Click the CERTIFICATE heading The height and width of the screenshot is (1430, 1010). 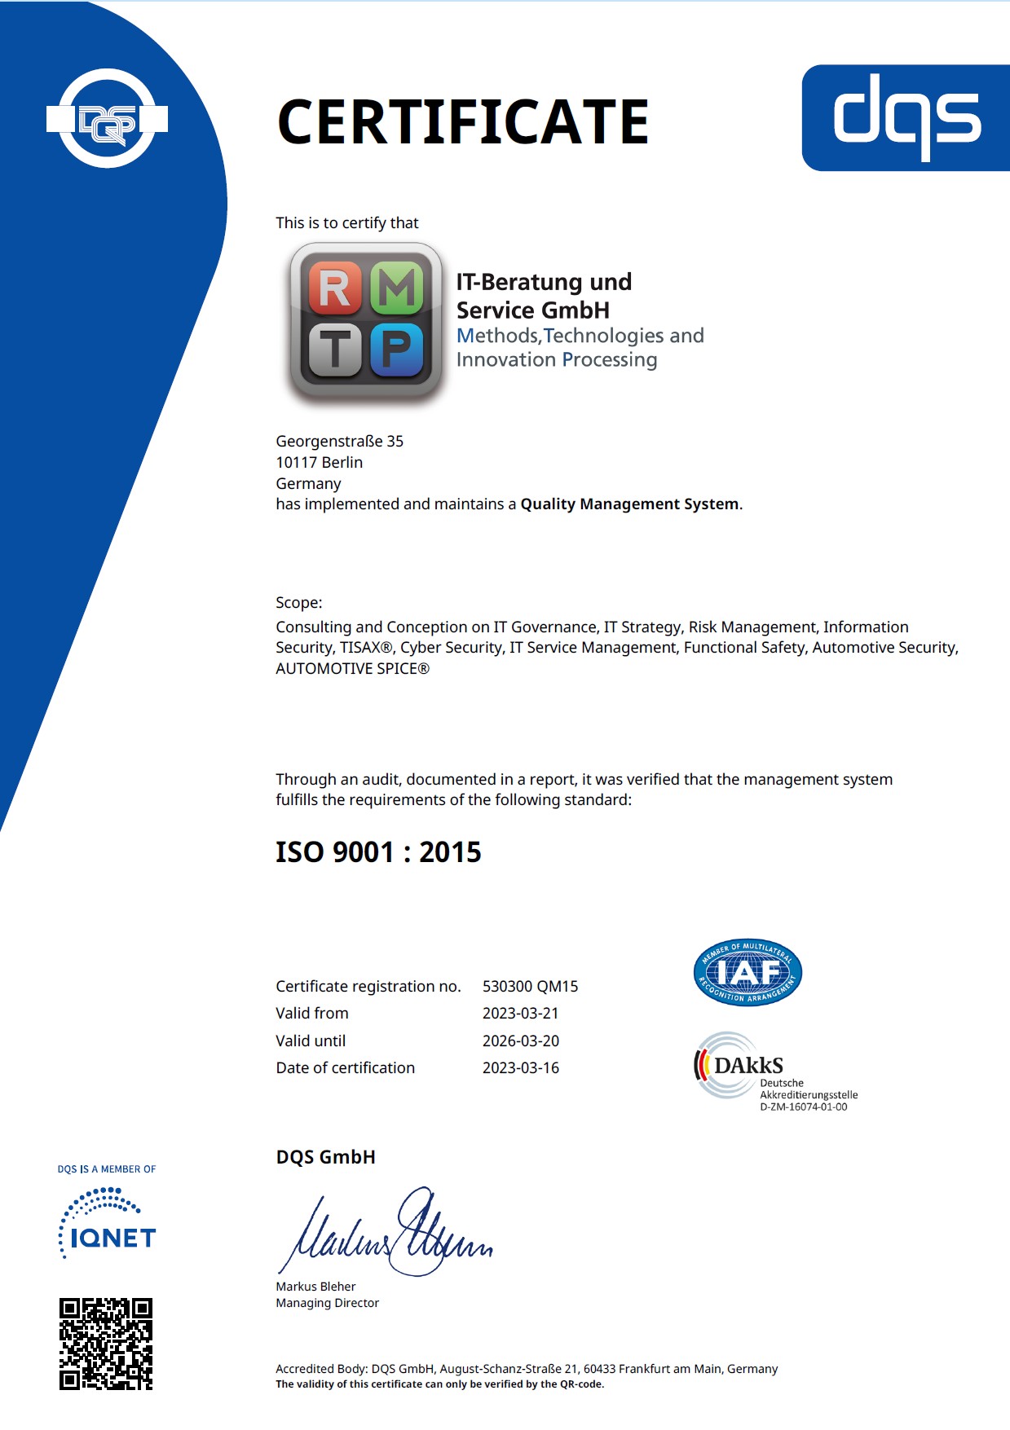coord(462,122)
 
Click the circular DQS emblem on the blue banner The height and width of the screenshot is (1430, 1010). coord(107,119)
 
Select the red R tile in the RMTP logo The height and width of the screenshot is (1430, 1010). coord(335,288)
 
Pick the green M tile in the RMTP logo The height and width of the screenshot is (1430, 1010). coord(398,288)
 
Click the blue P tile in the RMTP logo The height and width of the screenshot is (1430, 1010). coord(398,350)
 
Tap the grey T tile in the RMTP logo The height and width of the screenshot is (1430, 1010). coord(335,350)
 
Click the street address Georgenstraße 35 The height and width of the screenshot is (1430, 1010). coord(339,442)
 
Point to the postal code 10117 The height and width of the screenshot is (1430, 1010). coord(296,463)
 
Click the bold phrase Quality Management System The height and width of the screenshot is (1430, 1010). coord(629,504)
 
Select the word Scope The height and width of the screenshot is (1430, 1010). coord(297,603)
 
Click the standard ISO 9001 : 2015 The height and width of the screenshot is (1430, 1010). coord(378,852)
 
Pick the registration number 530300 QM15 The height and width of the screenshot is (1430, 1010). coord(530,987)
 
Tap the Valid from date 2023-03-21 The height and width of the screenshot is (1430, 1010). coord(520,1014)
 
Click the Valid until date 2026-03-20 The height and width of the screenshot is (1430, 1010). coord(520,1041)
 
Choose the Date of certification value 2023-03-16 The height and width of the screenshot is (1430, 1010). coord(520,1068)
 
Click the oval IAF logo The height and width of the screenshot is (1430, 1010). coord(748,972)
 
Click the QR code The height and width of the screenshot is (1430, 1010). coord(106,1344)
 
